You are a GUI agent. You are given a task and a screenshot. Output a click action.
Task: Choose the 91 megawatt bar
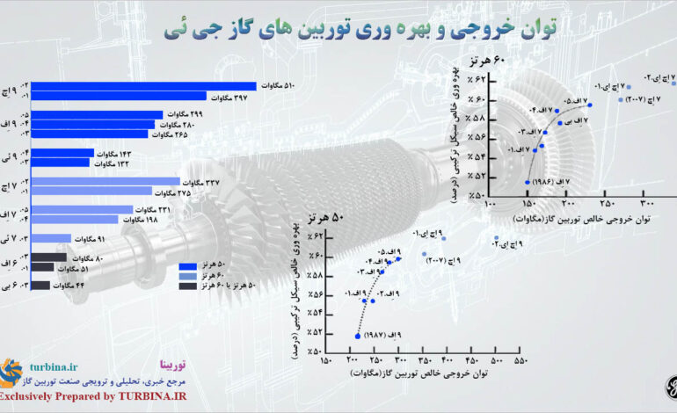35,238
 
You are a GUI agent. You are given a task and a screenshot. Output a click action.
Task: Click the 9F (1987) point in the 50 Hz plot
357,336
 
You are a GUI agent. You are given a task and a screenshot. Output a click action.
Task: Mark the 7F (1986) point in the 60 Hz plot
527,182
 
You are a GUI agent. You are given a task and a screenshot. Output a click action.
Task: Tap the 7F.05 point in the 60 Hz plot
589,105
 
